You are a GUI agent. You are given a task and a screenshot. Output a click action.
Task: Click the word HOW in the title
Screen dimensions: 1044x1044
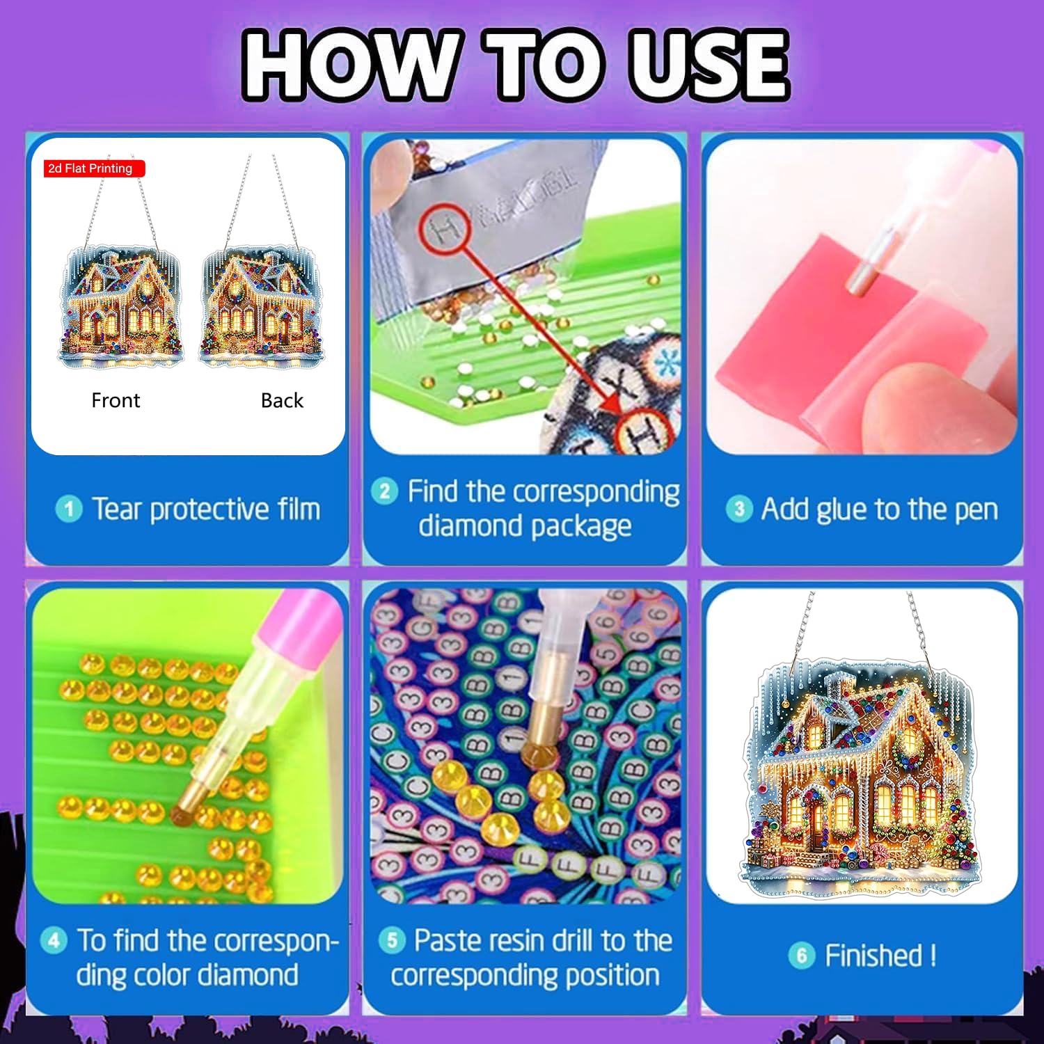tap(352, 65)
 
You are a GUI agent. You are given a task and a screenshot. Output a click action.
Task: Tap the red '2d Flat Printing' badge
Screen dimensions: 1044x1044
tap(95, 168)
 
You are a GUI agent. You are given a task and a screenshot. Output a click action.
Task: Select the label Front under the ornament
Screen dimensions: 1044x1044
tap(116, 400)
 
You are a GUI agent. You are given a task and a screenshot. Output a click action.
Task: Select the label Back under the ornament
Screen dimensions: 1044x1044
tap(282, 400)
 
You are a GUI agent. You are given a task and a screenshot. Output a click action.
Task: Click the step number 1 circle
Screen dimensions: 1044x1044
tap(68, 509)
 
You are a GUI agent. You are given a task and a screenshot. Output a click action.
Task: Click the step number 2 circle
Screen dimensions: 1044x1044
tap(384, 491)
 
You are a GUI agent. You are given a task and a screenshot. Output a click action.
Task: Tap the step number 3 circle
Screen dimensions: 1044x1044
tap(739, 509)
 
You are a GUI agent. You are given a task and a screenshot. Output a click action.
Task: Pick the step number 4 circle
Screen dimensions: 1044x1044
tap(54, 941)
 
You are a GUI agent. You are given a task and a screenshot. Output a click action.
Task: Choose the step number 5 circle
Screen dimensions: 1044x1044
tap(392, 941)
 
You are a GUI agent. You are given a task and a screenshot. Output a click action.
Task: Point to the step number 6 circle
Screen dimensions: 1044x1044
tap(802, 956)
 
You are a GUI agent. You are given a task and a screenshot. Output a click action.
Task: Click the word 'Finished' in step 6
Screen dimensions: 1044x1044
tap(873, 956)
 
